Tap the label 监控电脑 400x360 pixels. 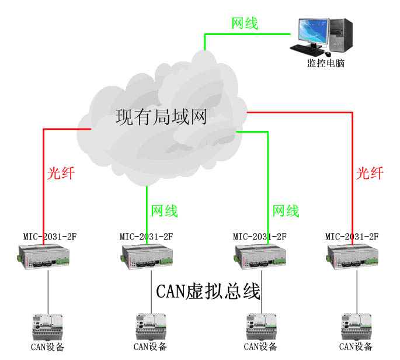click(326, 63)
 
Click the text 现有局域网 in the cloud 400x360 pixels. click(161, 118)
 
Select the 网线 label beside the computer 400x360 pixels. click(245, 23)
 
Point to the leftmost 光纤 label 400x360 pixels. click(61, 173)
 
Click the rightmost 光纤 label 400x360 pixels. click(370, 173)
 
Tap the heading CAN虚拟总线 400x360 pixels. click(208, 291)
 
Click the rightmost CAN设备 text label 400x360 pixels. click(356, 347)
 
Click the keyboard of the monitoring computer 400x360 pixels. click(308, 49)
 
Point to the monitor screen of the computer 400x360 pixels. click(312, 30)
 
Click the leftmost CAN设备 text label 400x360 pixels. click(47, 347)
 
